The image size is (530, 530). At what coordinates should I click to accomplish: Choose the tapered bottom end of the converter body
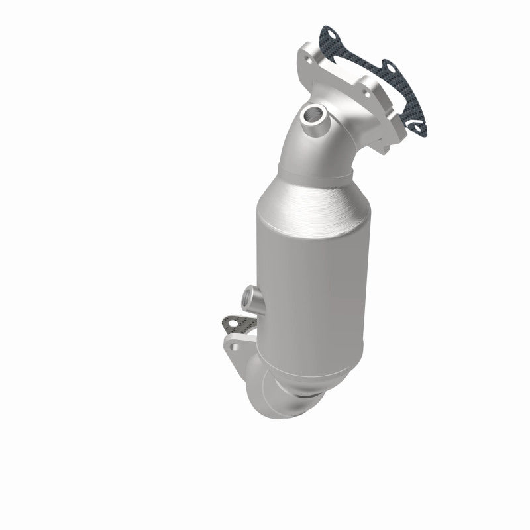[311, 371]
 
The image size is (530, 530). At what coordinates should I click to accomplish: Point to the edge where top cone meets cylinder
[311, 222]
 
